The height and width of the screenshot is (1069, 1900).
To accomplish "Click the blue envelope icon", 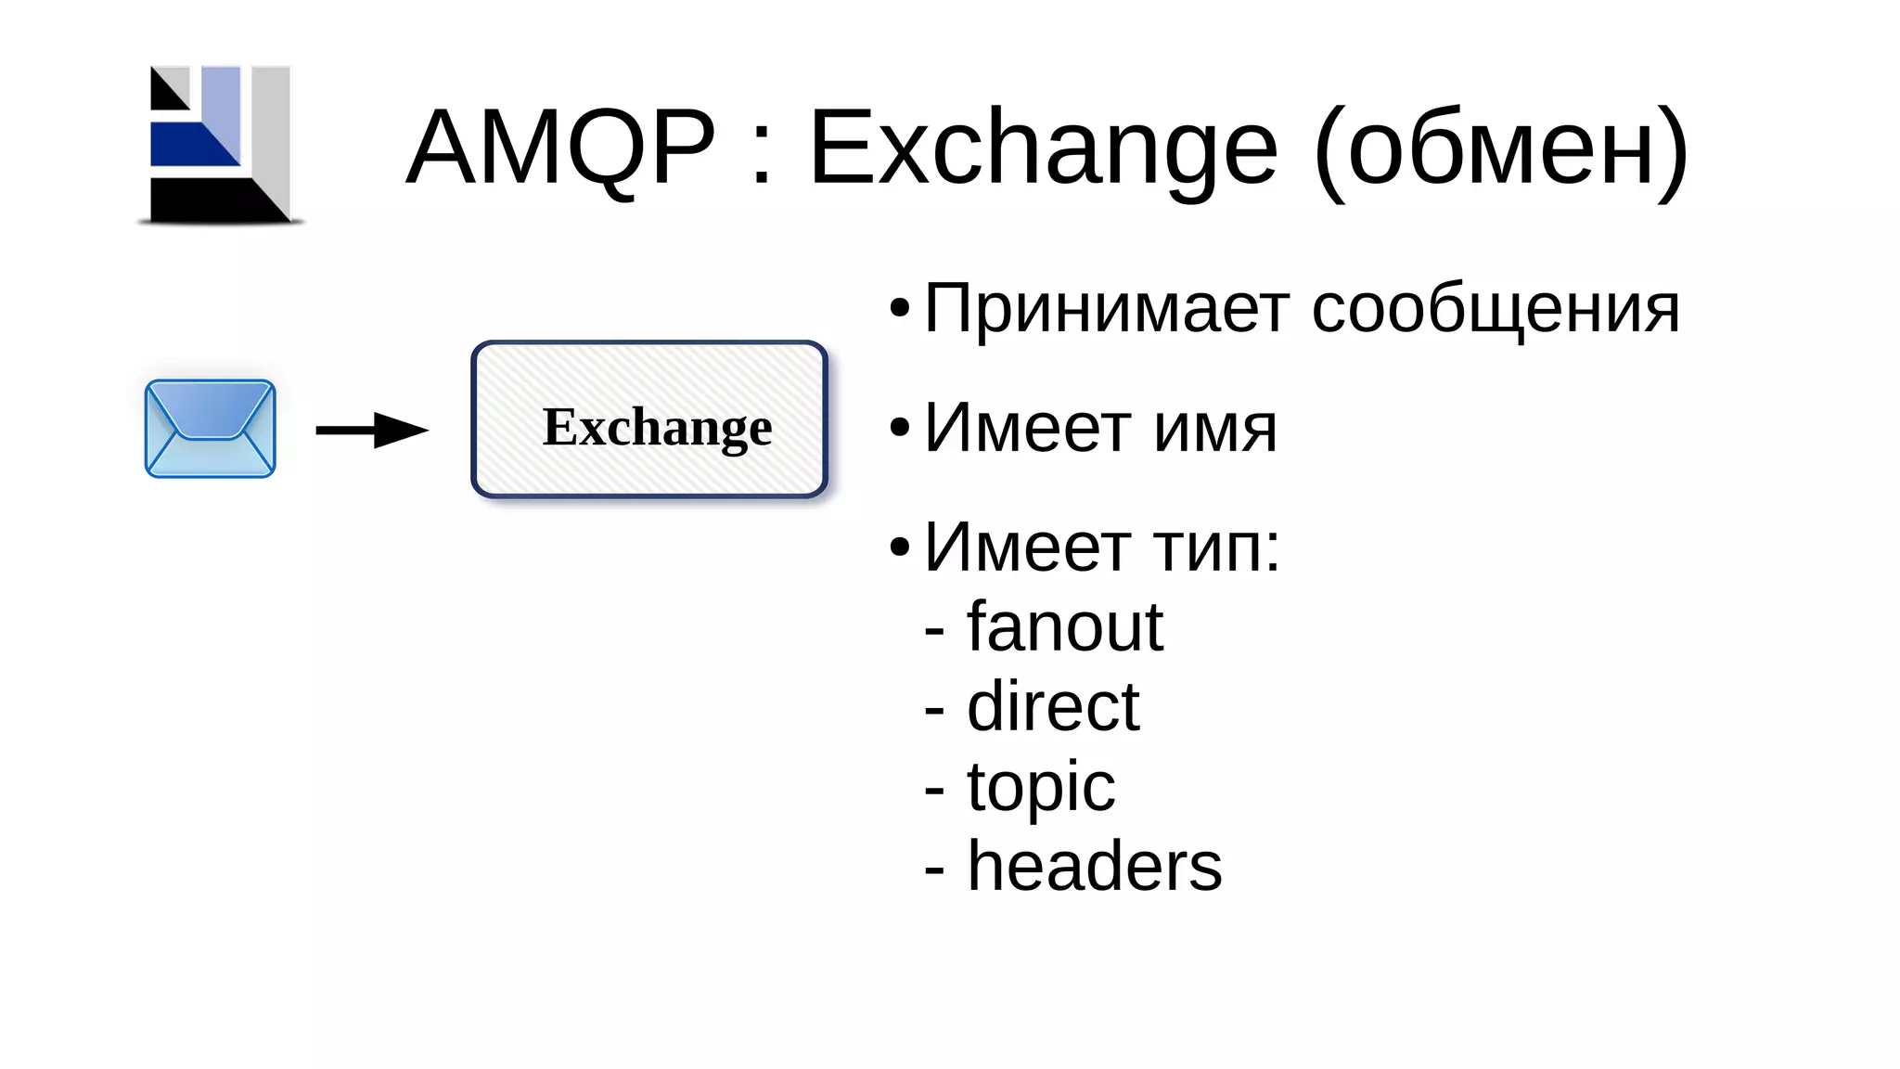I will [x=211, y=429].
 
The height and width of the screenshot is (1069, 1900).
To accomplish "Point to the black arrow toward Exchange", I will [x=371, y=430].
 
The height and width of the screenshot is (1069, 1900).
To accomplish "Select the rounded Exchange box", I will [x=649, y=419].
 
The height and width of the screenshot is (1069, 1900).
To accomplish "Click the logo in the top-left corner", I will [x=221, y=145].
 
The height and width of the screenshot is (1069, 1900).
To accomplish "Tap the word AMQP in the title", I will [x=561, y=148].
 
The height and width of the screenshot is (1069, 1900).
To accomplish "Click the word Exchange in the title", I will [x=1043, y=148].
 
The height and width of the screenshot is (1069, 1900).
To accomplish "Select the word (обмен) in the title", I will [x=1501, y=148].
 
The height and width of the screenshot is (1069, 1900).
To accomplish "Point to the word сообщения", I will [x=1496, y=310].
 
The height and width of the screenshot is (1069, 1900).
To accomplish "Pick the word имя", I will [x=1215, y=429].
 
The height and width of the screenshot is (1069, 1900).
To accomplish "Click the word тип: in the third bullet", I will [x=1216, y=547].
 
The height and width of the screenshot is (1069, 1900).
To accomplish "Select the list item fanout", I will [x=1065, y=627].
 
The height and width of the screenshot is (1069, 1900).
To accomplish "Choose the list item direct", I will [x=1053, y=707].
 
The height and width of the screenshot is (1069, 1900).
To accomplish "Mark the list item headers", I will [x=1095, y=867].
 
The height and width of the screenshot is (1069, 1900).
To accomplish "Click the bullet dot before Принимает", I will [x=899, y=309].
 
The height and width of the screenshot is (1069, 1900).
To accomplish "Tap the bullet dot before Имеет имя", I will [x=899, y=428].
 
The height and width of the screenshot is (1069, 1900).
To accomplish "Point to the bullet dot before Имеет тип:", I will [x=899, y=547].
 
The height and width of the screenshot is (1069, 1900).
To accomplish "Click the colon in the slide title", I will [x=762, y=153].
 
